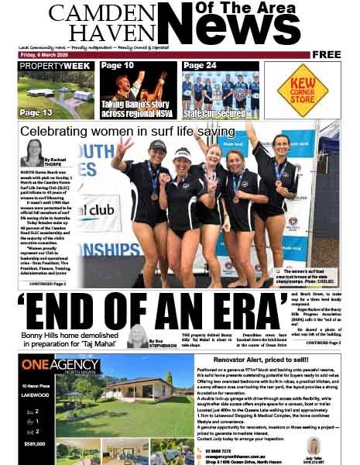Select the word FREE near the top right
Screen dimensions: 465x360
click(327, 55)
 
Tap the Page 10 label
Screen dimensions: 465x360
click(117, 66)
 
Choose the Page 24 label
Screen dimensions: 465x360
click(200, 66)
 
